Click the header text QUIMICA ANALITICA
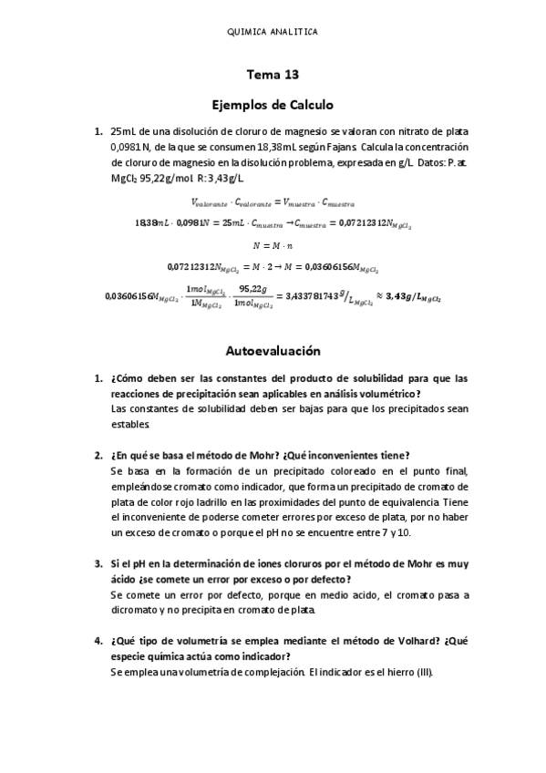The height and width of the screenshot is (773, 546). (x=273, y=31)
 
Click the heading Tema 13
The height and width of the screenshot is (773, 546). (x=273, y=77)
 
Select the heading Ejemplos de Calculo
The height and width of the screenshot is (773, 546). (x=273, y=104)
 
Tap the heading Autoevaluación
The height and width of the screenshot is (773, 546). (x=273, y=350)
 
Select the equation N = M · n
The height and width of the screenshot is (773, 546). (x=273, y=245)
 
